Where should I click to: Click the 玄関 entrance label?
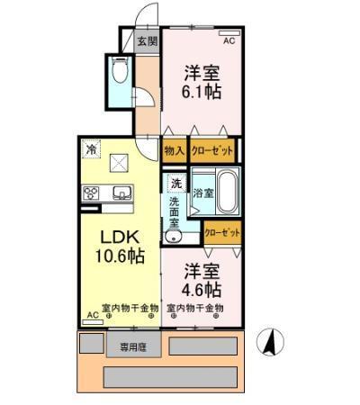coord(148,40)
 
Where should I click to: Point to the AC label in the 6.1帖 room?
coord(229,40)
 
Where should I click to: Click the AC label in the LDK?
coord(92,315)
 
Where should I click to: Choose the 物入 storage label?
coord(175,150)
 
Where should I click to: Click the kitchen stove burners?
coord(92,193)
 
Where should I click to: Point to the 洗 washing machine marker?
coord(175,183)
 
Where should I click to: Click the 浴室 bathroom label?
coord(202,192)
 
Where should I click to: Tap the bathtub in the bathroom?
coord(226,192)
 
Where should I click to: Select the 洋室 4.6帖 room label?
coord(203,279)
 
